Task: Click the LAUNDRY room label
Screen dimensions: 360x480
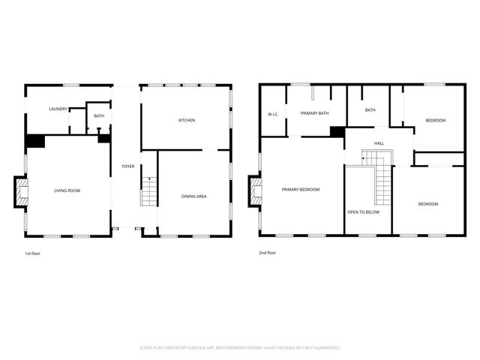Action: point(59,109)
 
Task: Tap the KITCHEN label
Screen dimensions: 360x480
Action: point(187,121)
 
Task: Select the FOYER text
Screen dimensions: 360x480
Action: point(128,166)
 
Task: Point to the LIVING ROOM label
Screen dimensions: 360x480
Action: point(67,190)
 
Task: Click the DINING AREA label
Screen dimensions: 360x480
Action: point(194,196)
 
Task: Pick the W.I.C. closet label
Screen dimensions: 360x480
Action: point(274,115)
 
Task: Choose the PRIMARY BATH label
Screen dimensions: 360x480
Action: point(315,113)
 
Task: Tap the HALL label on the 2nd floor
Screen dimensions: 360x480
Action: point(379,142)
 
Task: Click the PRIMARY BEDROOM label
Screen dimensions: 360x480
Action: point(301,190)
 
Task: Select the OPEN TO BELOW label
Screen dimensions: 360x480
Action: point(363,212)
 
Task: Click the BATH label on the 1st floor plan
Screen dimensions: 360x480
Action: point(99,115)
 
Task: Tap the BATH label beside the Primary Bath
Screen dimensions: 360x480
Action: point(370,110)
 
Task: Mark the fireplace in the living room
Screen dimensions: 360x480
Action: point(21,191)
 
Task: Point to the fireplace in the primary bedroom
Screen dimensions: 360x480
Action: point(256,190)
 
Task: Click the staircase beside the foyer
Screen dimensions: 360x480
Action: point(149,191)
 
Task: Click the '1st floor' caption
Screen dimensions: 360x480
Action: point(32,253)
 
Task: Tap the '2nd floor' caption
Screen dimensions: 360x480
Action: point(268,253)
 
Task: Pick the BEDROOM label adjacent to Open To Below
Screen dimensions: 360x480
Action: point(428,204)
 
